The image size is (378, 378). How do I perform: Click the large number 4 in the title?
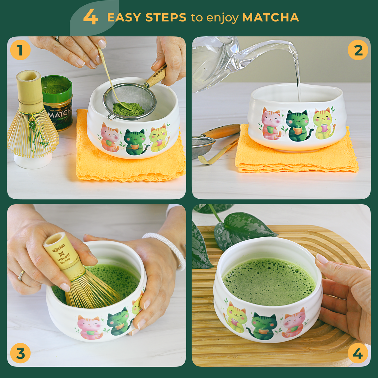[91, 17]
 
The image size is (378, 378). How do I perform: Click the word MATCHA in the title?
[270, 18]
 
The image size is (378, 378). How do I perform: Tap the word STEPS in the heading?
[166, 18]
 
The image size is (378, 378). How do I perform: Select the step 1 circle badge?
[20, 50]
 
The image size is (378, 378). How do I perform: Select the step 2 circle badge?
[358, 50]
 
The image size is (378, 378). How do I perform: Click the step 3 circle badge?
[20, 354]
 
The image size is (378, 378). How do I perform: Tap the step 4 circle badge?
[358, 354]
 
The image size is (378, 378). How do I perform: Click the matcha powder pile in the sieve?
[128, 109]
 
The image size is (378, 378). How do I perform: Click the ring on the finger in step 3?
[21, 275]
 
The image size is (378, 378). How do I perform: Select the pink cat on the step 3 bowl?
[89, 327]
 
